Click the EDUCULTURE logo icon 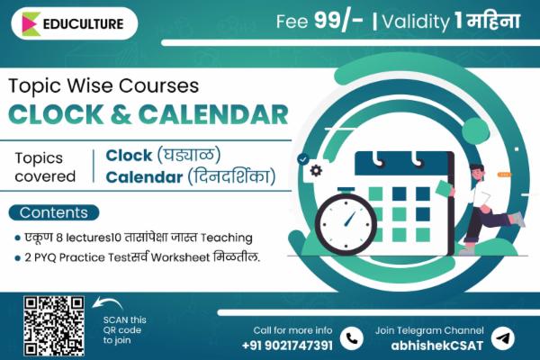point(31,23)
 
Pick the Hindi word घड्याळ point(189,155)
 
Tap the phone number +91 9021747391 point(287,345)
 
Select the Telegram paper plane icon point(506,337)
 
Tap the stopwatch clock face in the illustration point(346,221)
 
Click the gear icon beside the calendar point(316,171)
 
